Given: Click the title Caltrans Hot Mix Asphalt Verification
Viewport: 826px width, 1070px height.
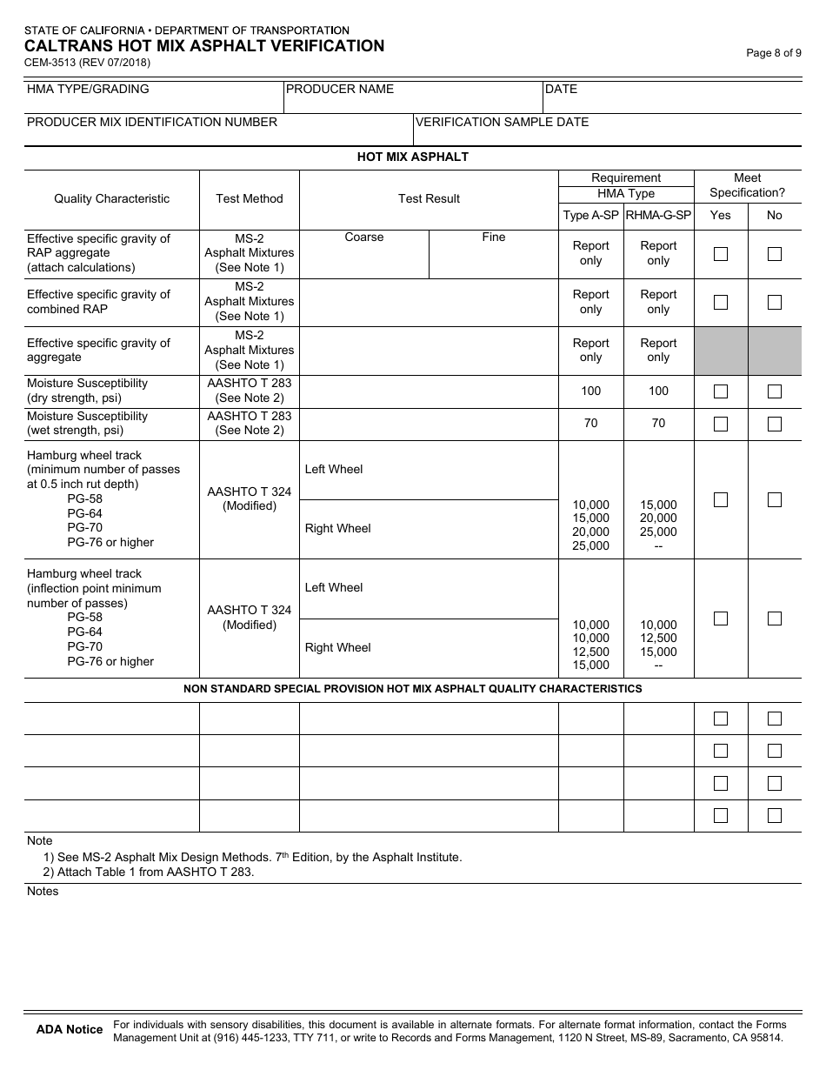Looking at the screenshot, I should pyautogui.click(x=204, y=46).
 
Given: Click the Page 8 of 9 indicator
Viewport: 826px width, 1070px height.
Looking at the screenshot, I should pyautogui.click(x=774, y=53).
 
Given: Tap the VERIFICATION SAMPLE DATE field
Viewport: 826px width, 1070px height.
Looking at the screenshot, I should pyautogui.click(x=607, y=130).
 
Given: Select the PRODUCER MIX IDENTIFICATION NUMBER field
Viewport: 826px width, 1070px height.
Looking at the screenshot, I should pyautogui.click(x=218, y=130).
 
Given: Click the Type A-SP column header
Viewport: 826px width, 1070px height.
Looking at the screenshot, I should pyautogui.click(x=590, y=215).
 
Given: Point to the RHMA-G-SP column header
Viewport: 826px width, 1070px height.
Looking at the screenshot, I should pyautogui.click(x=658, y=215).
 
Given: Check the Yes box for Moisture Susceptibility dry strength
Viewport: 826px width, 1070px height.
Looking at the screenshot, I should pyautogui.click(x=721, y=391).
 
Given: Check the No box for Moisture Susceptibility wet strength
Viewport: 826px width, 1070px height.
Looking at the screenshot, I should pyautogui.click(x=775, y=424).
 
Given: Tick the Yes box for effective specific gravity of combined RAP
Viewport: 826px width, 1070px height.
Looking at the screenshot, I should pyautogui.click(x=721, y=302).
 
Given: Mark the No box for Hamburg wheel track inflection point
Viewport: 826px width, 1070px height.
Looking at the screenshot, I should pyautogui.click(x=775, y=619).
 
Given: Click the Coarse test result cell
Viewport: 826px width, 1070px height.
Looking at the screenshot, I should pyautogui.click(x=364, y=255).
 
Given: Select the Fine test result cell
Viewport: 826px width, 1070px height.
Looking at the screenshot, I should pyautogui.click(x=493, y=255).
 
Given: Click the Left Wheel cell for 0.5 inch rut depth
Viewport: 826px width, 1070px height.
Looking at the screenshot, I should pyautogui.click(x=429, y=470).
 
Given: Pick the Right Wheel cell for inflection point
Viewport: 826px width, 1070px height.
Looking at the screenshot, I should pyautogui.click(x=429, y=648).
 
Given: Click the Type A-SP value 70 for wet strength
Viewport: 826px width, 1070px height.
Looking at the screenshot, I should pyautogui.click(x=590, y=424).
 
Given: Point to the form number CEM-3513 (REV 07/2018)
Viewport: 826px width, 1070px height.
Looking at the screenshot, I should pyautogui.click(x=87, y=62).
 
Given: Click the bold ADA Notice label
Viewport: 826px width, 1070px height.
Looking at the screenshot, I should pyautogui.click(x=70, y=1030).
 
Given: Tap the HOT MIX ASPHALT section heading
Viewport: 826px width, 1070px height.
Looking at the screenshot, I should pyautogui.click(x=412, y=157).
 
